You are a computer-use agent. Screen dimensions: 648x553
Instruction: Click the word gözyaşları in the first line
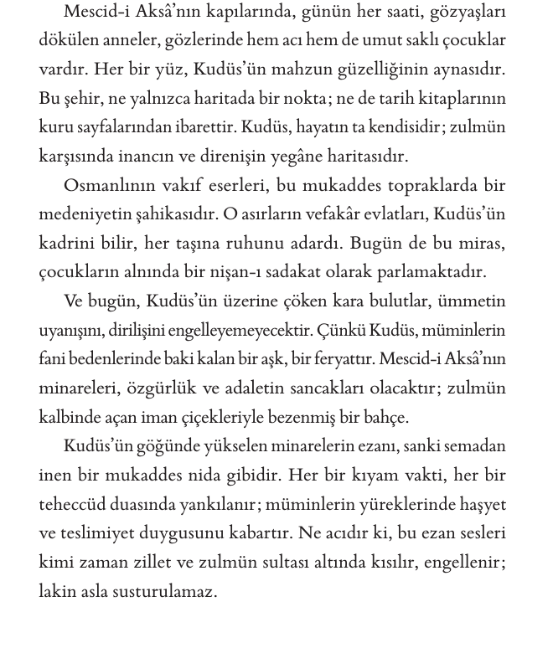(465, 12)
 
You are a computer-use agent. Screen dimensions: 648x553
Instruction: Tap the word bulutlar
(393, 301)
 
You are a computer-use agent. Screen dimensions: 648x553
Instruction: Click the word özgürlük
(151, 388)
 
